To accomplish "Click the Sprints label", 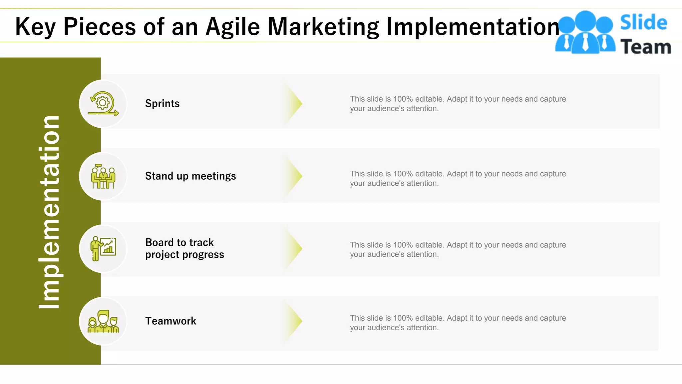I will [162, 104].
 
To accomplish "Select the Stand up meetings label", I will [190, 176].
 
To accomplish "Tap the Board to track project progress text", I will [184, 248].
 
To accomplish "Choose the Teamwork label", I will [170, 321].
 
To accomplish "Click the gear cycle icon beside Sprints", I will [103, 104].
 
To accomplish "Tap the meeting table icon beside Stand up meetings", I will [103, 176].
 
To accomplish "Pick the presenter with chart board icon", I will [103, 249].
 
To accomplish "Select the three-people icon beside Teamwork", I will [103, 321].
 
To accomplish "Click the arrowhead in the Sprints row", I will [294, 104].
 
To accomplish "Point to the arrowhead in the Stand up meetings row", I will [294, 176].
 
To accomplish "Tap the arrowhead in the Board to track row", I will [294, 248].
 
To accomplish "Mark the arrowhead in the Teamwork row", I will [294, 321].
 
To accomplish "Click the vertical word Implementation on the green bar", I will [49, 212].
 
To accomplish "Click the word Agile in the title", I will [232, 27].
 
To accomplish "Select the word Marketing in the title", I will [323, 27].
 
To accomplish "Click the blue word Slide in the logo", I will [643, 23].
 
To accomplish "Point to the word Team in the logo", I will [645, 47].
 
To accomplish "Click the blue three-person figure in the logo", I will [585, 33].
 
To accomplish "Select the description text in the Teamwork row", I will [458, 323].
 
